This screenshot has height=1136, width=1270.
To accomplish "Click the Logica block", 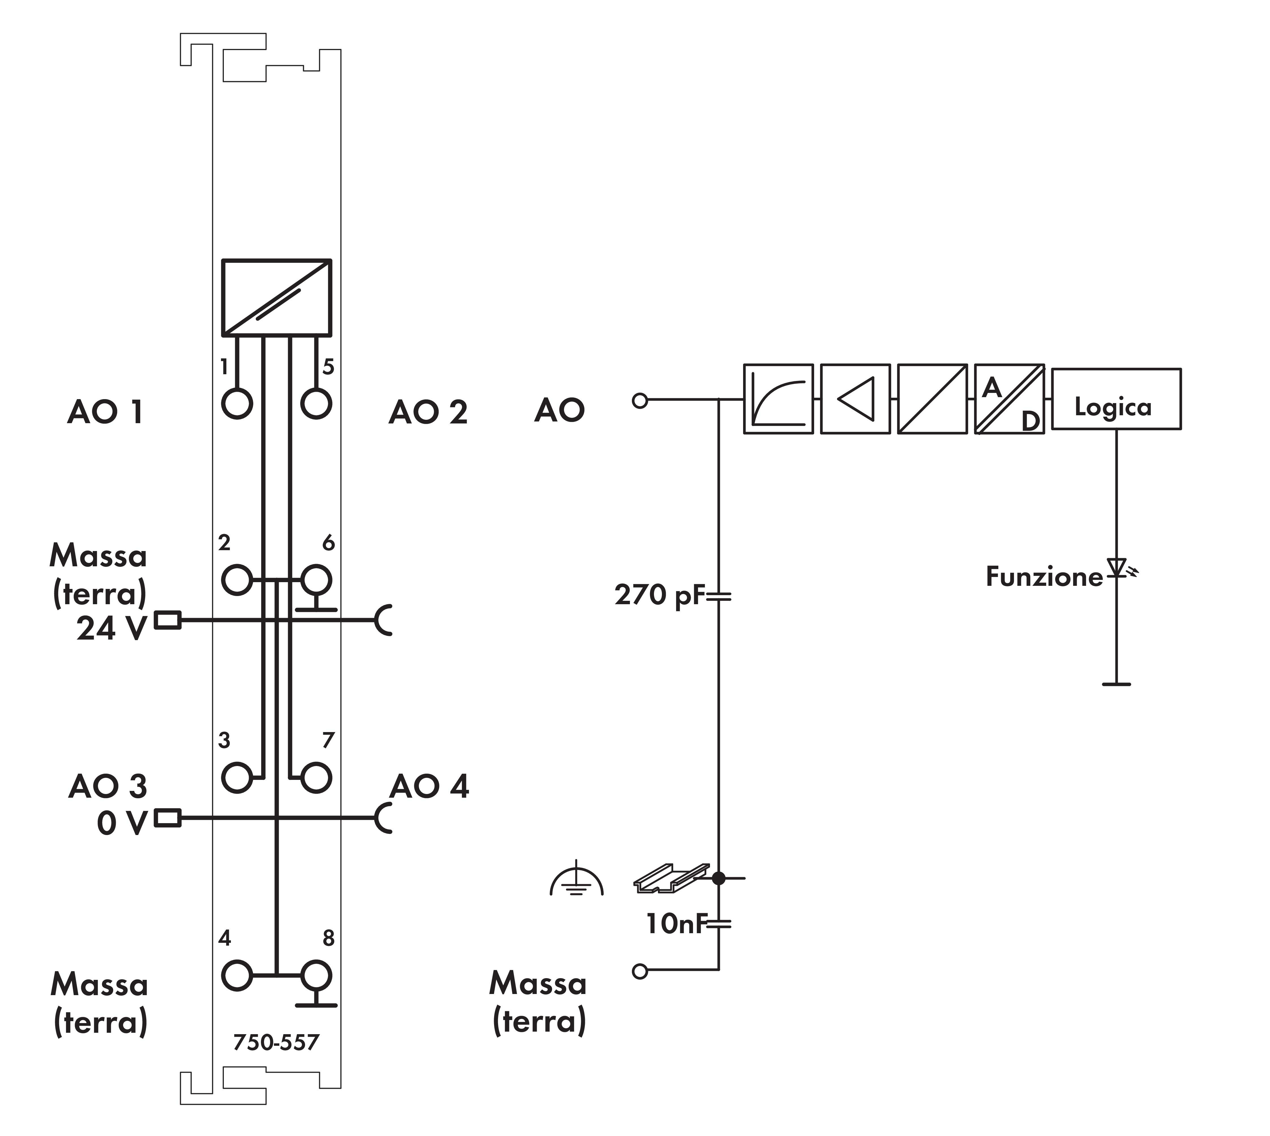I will coord(1116,399).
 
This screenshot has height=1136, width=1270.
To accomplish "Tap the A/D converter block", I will coord(1009,399).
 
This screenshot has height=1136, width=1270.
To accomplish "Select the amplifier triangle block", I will coord(855,399).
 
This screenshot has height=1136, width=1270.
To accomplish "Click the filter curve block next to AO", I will coord(778,399).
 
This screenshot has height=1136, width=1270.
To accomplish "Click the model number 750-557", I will coord(276,1042).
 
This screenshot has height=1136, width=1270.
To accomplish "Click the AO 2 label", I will coord(428,413).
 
